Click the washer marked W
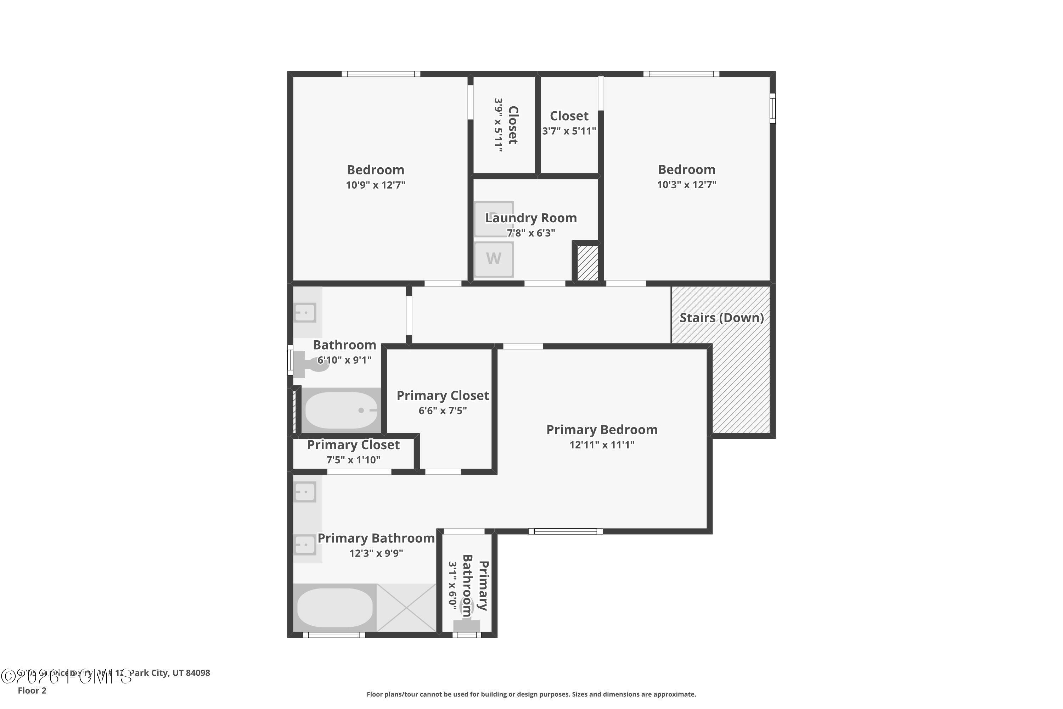[x=494, y=259]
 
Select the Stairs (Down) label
[x=721, y=318]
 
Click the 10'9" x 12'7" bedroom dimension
[x=375, y=185]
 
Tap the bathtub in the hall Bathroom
[x=341, y=410]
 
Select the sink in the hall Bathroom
[x=305, y=312]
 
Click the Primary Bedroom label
[x=602, y=430]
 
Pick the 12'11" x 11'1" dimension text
[x=602, y=445]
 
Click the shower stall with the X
[x=406, y=608]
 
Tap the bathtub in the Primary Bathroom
[x=335, y=608]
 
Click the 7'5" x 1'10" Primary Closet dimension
[x=353, y=460]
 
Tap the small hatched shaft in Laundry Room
[x=587, y=263]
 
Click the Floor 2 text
[x=32, y=691]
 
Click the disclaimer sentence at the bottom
[x=531, y=694]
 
